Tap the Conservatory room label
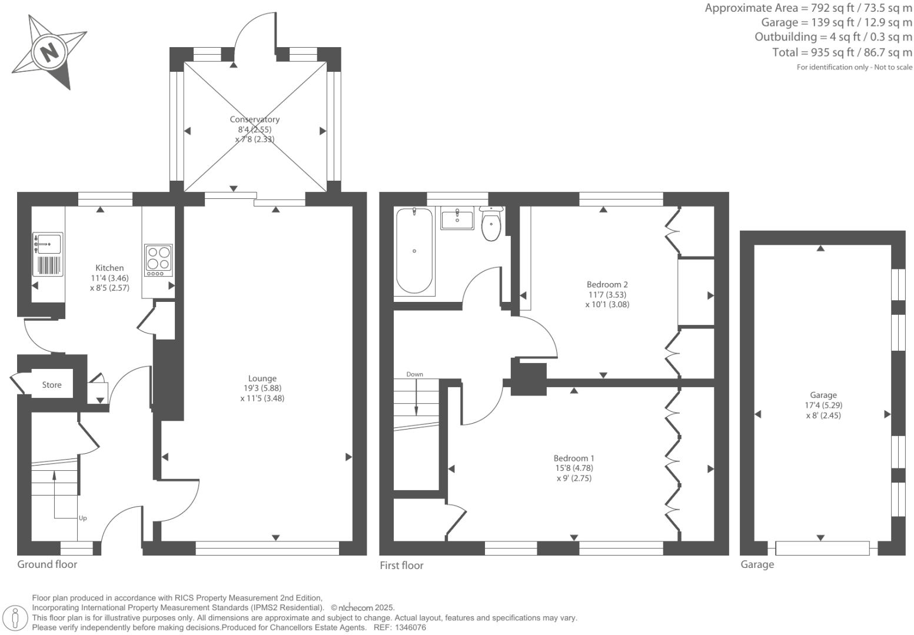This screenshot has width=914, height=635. point(254,119)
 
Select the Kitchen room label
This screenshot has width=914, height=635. point(109,268)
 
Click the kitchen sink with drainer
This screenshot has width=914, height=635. point(48,254)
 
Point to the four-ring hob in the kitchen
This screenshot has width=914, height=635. point(158,260)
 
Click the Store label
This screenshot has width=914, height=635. point(52,385)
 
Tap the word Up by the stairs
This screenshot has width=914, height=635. point(83,518)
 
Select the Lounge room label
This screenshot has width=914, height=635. point(262,378)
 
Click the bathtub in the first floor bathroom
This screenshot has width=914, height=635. point(414,251)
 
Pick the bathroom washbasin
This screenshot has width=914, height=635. point(457,220)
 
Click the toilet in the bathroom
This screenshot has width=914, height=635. point(491,224)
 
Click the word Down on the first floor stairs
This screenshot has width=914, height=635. point(414,374)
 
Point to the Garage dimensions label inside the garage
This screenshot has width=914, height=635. point(823,405)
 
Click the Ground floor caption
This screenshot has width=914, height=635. point(47,564)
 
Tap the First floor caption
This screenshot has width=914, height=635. point(401,566)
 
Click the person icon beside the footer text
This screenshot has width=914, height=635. point(16,619)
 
